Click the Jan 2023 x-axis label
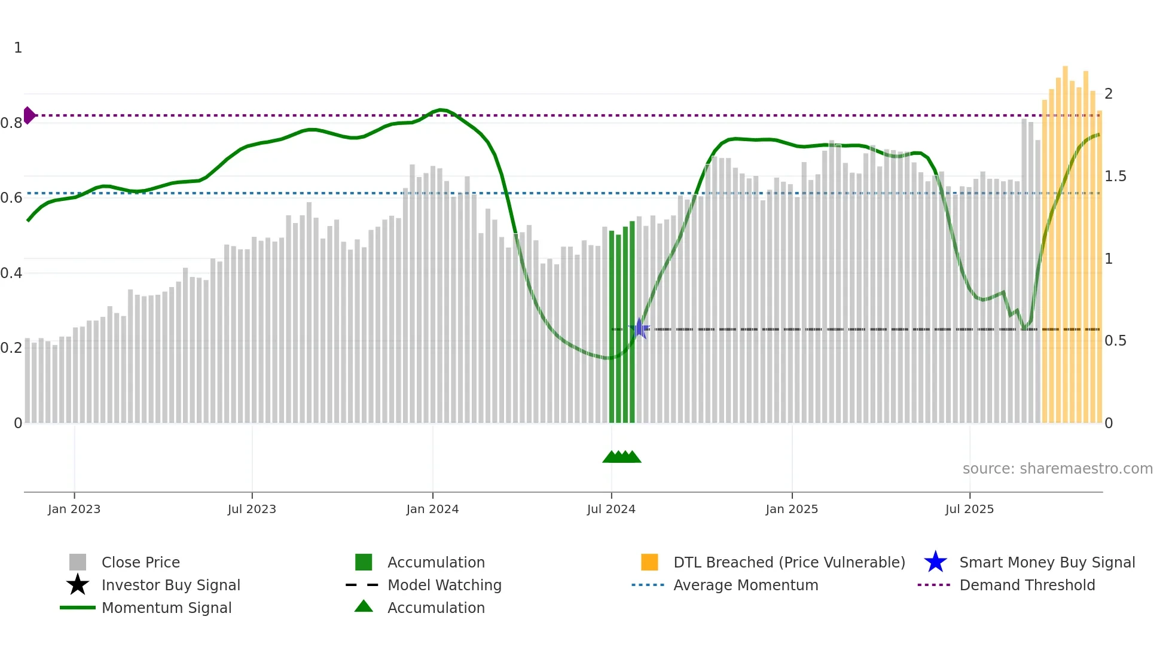[74, 509]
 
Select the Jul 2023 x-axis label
[252, 509]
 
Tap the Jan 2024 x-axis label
[432, 509]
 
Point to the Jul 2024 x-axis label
[611, 509]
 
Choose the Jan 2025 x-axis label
[792, 509]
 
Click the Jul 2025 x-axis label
[969, 509]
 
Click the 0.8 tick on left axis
[11, 123]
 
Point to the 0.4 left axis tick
[11, 273]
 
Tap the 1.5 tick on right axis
[1115, 176]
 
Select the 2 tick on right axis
[1109, 94]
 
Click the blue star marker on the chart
[639, 328]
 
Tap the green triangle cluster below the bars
[622, 457]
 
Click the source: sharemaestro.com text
[1057, 469]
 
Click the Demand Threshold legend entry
[1027, 585]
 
